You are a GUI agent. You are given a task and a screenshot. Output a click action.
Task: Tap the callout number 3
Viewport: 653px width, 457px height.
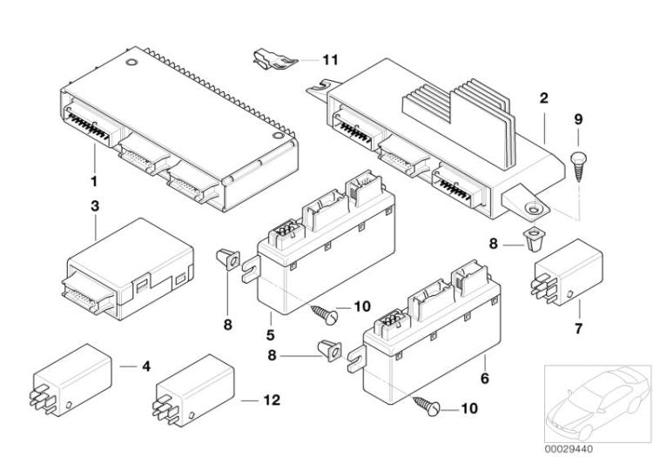95,206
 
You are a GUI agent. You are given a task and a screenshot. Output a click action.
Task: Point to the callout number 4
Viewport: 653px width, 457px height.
145,366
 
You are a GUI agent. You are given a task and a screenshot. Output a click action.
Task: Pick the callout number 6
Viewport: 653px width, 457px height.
484,378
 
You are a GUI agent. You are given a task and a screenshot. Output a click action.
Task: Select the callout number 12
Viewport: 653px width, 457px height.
272,401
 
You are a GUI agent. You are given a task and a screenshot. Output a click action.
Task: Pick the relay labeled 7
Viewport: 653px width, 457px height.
563,268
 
